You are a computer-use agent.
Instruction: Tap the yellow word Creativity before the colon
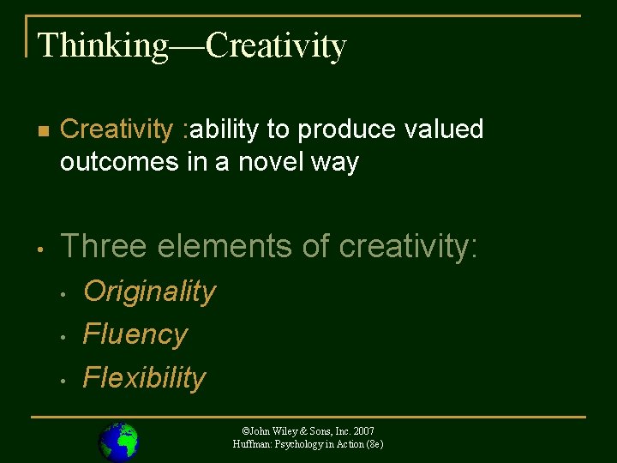pyautogui.click(x=117, y=129)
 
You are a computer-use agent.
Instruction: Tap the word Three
pyautogui.click(x=105, y=246)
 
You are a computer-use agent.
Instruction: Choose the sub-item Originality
pyautogui.click(x=149, y=292)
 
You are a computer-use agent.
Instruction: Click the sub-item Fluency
pyautogui.click(x=135, y=334)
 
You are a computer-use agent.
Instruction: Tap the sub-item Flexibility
pyautogui.click(x=144, y=377)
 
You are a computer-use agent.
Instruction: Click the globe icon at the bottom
pyautogui.click(x=118, y=442)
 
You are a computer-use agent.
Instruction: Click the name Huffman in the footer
pyautogui.click(x=252, y=444)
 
